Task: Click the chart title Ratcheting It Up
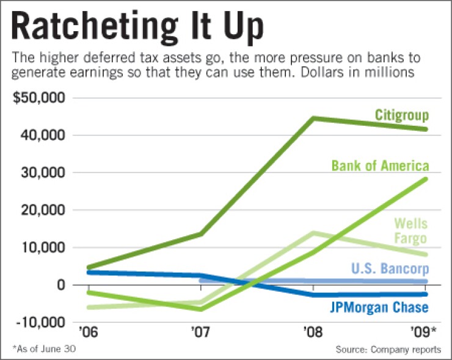coord(137,27)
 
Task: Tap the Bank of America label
coord(380,165)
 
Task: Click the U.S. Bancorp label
coord(390,268)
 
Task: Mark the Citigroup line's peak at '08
coord(313,118)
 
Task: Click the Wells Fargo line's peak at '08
coord(313,232)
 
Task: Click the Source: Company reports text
coord(388,350)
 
